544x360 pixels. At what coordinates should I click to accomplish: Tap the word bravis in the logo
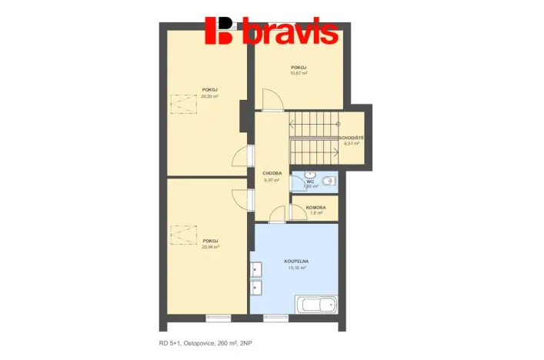point(289,32)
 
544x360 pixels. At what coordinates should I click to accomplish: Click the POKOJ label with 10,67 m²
point(299,68)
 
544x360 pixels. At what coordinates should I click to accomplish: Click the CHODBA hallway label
point(271,173)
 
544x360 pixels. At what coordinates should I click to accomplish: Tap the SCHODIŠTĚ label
point(351,138)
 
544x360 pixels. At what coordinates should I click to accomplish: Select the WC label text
point(310,182)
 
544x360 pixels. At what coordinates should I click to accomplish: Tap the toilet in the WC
point(329,182)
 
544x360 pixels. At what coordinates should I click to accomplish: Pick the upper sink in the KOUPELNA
point(256,271)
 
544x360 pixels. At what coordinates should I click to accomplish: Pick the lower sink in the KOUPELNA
point(256,288)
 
